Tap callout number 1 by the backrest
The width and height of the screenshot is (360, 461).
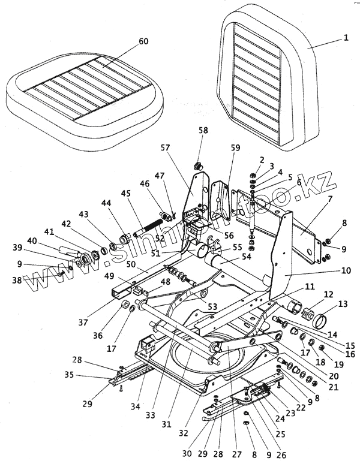click(x=345, y=37)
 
